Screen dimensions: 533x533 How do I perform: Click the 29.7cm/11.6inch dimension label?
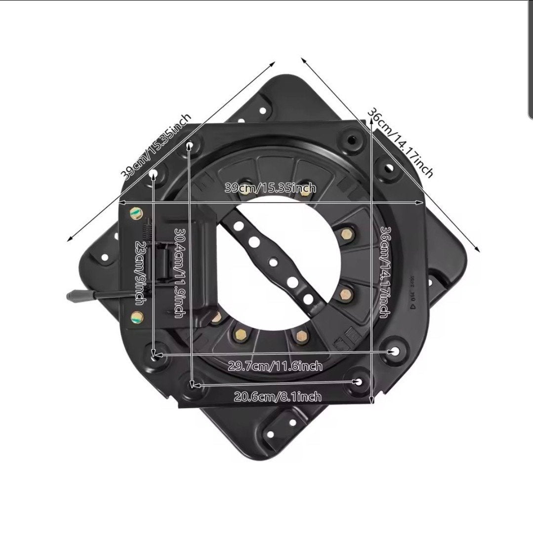(x=275, y=366)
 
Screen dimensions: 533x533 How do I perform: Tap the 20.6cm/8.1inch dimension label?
(x=278, y=396)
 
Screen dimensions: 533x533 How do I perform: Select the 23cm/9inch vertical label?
(x=141, y=273)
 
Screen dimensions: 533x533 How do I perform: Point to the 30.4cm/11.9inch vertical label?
(x=180, y=272)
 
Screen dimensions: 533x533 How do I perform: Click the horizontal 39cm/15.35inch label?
(x=270, y=188)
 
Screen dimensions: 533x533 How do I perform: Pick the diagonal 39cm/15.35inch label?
(x=156, y=147)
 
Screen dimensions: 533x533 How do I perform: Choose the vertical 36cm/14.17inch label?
(x=385, y=272)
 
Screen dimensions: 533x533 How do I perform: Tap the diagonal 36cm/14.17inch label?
(x=400, y=143)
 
